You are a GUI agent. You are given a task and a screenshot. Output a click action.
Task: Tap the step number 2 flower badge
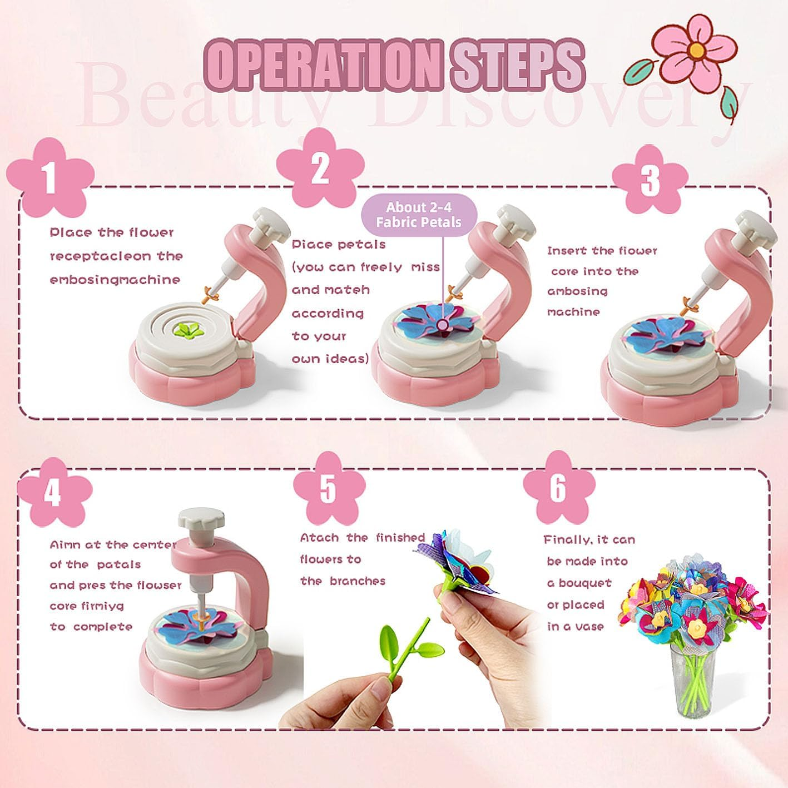pyautogui.click(x=320, y=168)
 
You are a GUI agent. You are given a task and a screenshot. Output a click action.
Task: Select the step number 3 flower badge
pyautogui.click(x=650, y=180)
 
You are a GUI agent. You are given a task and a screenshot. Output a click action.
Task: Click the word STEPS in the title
pyautogui.click(x=518, y=66)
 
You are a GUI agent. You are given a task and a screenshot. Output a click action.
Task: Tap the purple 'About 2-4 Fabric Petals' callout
pyautogui.click(x=419, y=215)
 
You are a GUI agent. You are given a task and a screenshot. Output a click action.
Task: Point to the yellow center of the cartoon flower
pyautogui.click(x=697, y=50)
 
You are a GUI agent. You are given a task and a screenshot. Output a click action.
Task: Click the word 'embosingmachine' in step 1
pyautogui.click(x=115, y=280)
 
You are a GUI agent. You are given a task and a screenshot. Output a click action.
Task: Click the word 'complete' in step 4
pyautogui.click(x=103, y=627)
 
